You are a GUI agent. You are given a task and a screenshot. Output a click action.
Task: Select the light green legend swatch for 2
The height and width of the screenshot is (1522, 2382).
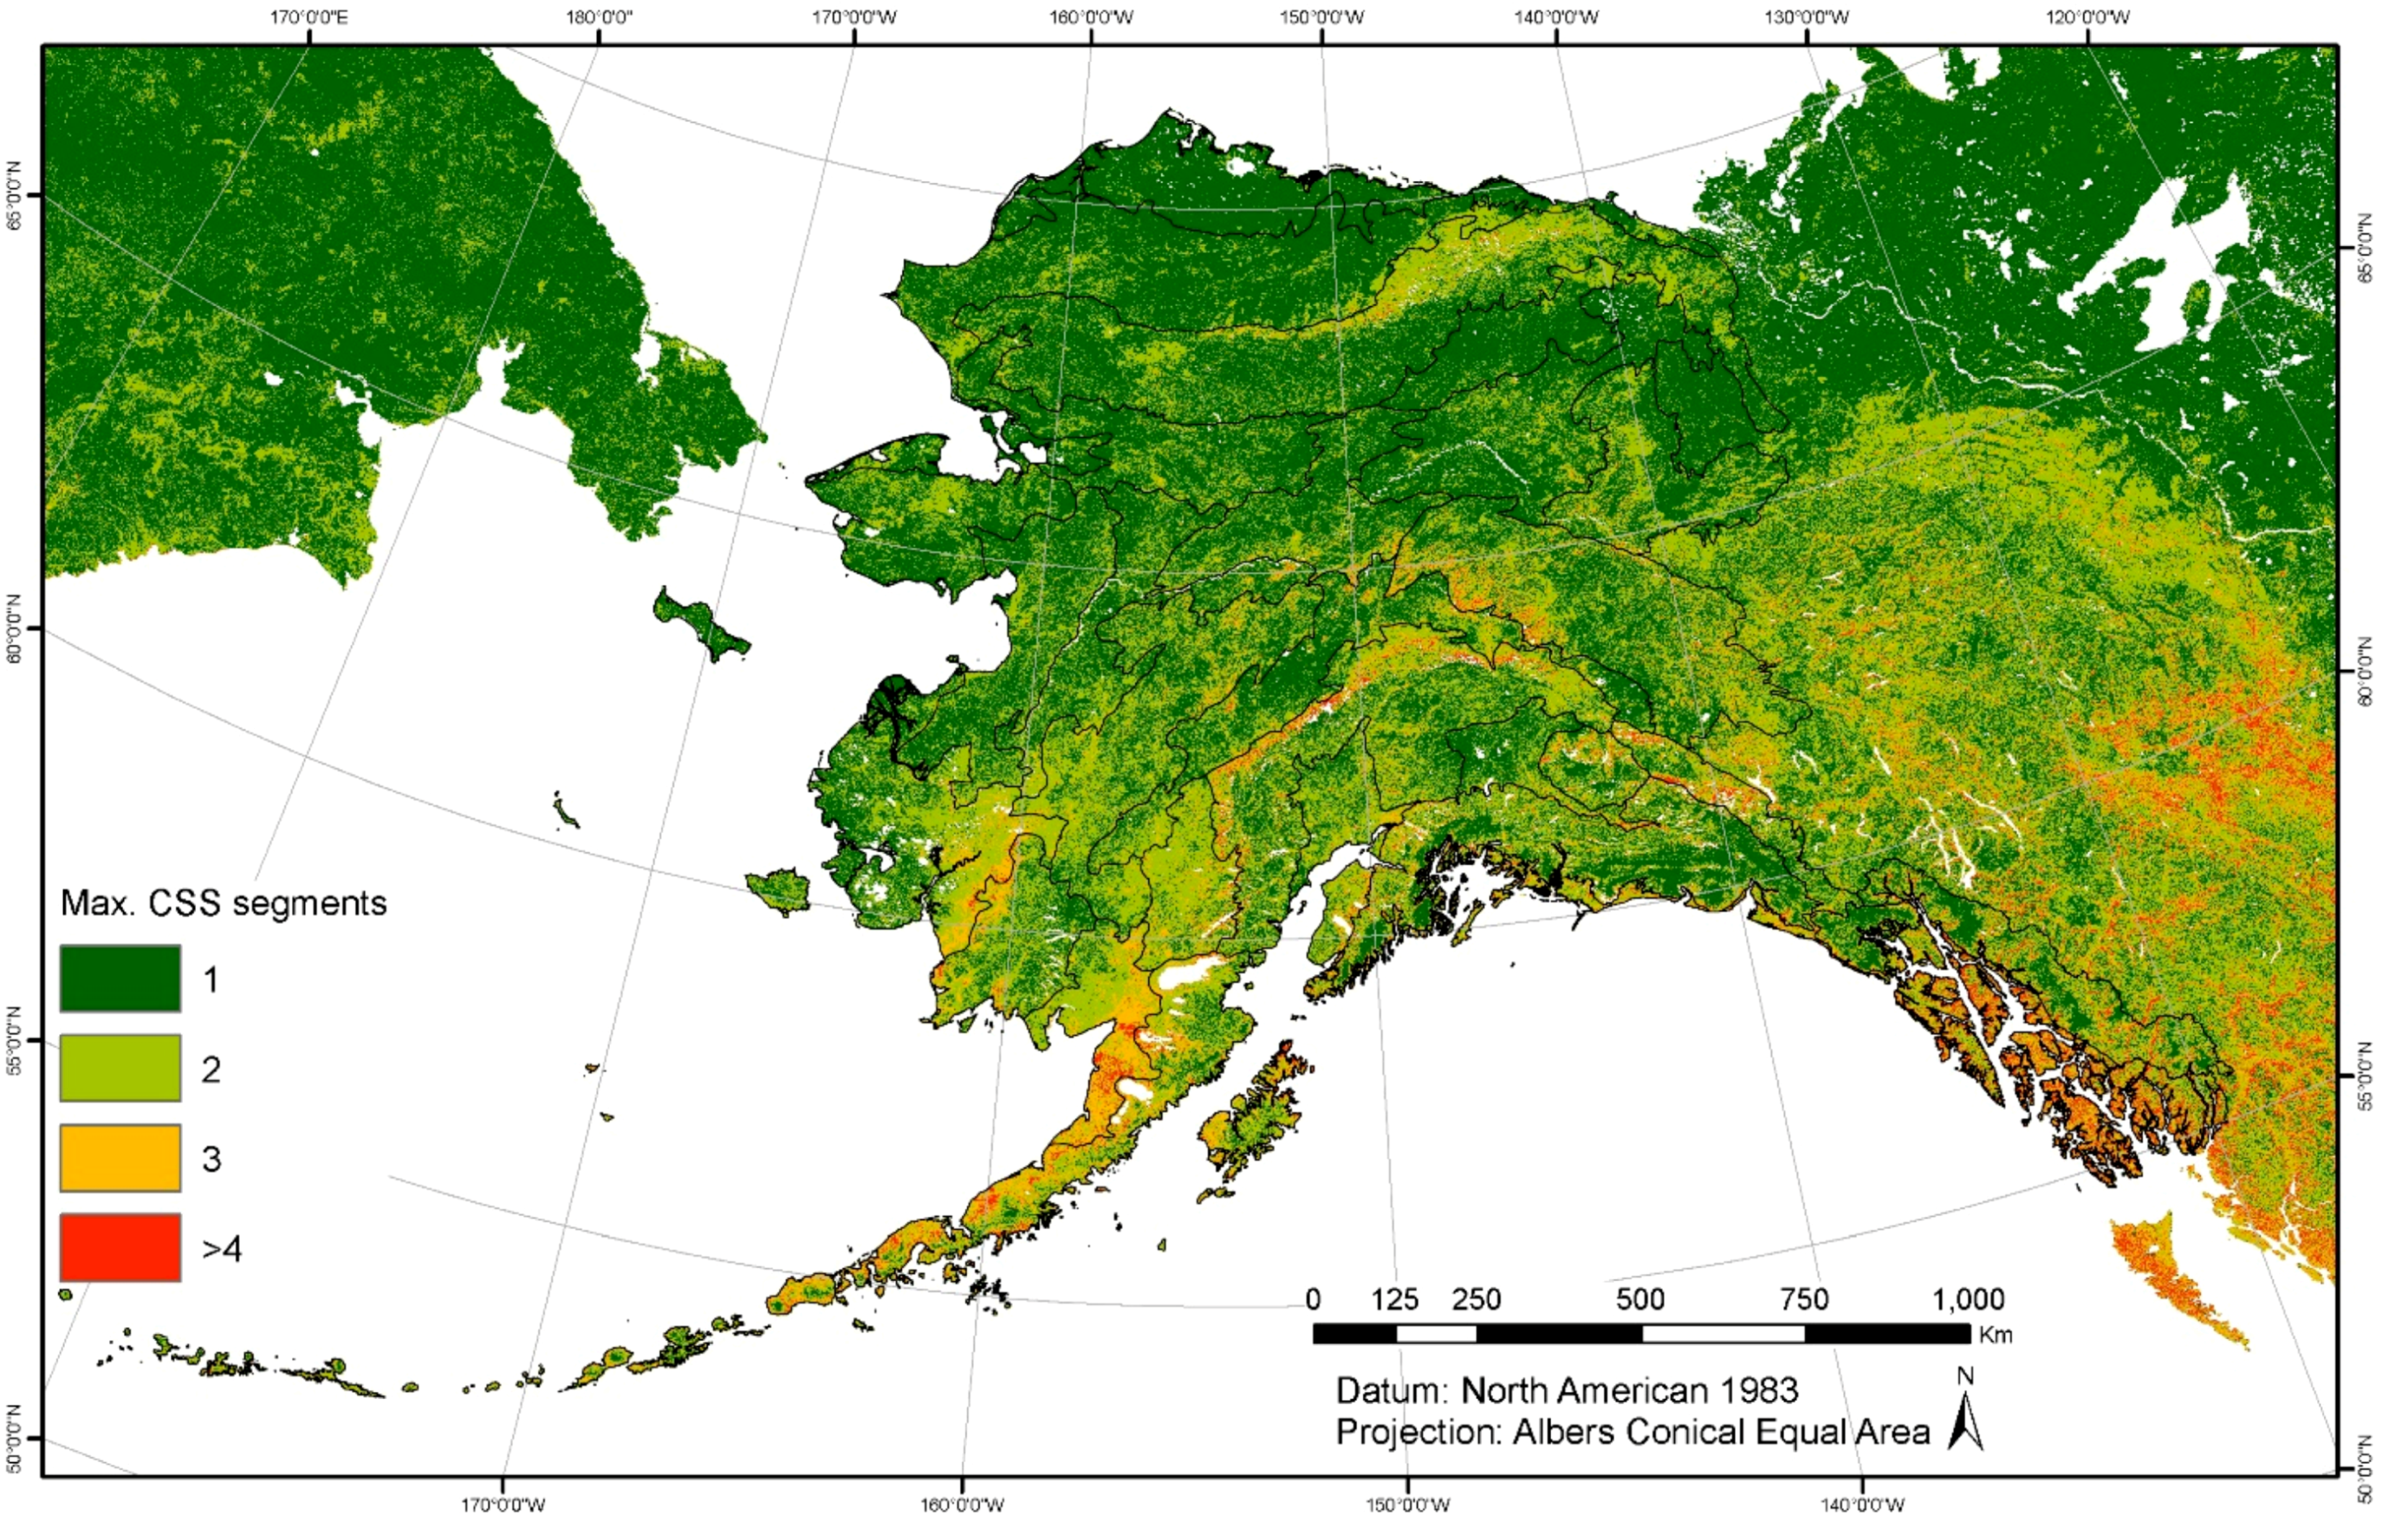point(120,1068)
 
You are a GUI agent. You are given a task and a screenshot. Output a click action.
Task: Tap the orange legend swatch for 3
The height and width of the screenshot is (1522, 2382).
point(120,1158)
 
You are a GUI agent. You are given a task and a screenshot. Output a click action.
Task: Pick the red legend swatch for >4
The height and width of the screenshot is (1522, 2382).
point(120,1248)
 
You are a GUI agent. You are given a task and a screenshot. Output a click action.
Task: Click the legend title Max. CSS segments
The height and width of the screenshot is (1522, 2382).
point(224,902)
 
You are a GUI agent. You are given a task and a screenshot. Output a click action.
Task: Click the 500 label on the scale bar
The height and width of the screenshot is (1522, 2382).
point(1640,1299)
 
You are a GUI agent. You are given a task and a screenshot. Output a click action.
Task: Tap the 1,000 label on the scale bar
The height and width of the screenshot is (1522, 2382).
point(1969,1299)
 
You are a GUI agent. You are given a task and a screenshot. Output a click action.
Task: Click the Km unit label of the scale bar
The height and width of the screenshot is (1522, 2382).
point(1995,1335)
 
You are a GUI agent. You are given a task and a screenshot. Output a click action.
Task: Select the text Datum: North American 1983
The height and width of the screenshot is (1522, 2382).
point(1567,1391)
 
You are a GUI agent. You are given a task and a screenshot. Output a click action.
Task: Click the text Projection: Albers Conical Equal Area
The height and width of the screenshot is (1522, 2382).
point(1632,1432)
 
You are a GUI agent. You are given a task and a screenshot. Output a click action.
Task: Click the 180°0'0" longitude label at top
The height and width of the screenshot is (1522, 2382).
point(599,17)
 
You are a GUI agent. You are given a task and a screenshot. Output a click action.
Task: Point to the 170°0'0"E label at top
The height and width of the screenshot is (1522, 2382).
point(309,17)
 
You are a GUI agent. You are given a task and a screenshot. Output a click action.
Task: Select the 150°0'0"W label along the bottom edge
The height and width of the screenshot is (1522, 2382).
point(1408,1506)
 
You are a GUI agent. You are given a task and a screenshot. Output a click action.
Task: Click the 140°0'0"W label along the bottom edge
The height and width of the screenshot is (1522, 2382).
point(1863,1506)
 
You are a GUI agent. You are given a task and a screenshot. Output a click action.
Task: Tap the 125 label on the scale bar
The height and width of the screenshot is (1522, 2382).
point(1395,1299)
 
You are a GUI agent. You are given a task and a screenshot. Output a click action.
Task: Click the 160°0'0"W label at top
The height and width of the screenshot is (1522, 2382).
point(1091,17)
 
